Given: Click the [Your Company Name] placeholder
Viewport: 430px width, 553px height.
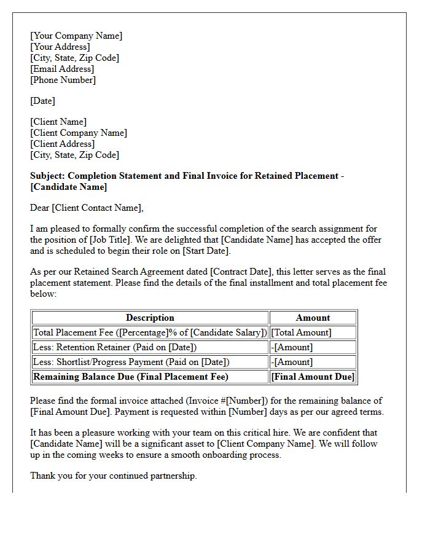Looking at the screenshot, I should point(76,36).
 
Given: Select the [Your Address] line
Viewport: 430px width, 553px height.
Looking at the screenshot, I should point(60,47).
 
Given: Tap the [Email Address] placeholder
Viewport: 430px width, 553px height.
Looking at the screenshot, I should point(62,69).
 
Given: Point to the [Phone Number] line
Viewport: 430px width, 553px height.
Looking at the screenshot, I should point(63,80).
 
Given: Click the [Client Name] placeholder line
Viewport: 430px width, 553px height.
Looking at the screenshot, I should point(58,122).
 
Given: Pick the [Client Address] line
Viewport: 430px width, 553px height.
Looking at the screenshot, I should point(62,144).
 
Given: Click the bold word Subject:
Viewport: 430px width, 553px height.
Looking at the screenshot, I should point(47,176).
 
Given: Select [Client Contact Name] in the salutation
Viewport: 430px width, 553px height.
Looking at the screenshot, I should point(97,208).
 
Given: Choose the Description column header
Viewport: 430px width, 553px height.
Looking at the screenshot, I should point(150,318).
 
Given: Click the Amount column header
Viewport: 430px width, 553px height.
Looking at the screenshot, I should point(313,318).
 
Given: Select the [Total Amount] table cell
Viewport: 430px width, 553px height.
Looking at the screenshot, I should point(301,332).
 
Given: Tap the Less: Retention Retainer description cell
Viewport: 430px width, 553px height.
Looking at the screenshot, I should point(115,347).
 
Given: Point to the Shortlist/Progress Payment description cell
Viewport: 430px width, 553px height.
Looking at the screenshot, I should point(131,362).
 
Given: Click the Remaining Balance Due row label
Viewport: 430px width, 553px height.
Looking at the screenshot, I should point(130,377).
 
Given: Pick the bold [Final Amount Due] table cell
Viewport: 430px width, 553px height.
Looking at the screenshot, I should point(313,377).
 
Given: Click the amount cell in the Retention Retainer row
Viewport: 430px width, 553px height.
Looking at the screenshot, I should point(292,347).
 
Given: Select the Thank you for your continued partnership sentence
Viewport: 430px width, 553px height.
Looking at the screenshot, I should point(114,476).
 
